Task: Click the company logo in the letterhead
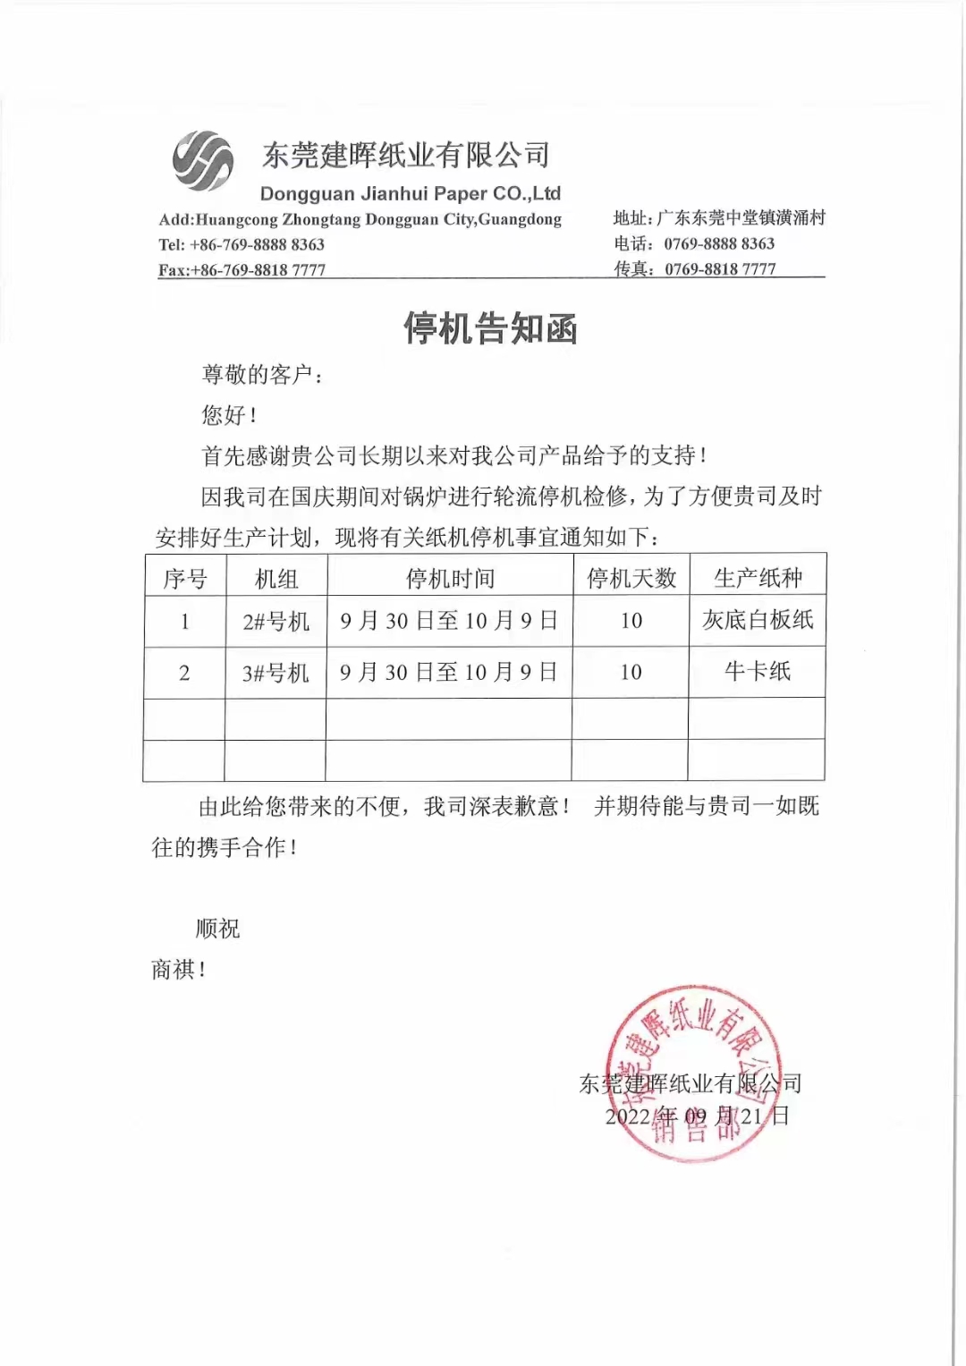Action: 203,161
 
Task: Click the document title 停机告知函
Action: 490,328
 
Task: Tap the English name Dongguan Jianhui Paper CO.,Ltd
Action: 410,193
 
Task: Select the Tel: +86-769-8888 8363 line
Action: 241,244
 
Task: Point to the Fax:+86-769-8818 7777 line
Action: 241,269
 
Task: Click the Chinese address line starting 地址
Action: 719,217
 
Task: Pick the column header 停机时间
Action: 450,578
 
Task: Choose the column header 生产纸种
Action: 758,578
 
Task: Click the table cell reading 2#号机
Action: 275,621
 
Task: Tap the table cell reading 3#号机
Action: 275,673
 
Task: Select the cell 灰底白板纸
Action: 758,620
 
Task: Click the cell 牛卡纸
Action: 758,671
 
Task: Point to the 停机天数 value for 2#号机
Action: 631,621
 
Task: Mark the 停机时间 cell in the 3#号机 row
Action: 449,672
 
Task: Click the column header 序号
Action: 185,579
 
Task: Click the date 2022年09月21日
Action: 698,1116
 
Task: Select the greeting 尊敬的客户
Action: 262,374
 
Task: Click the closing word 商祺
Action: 178,969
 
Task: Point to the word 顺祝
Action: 218,929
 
